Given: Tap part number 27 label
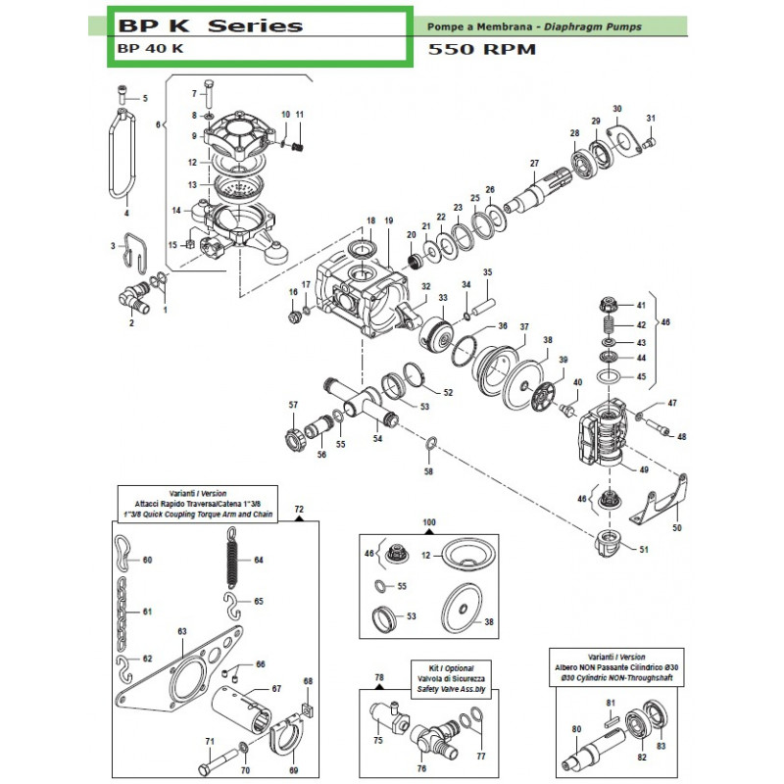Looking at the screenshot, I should coord(535,163).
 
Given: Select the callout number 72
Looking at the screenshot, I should coord(300,511).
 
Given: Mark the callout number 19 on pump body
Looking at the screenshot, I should coord(388,221).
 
